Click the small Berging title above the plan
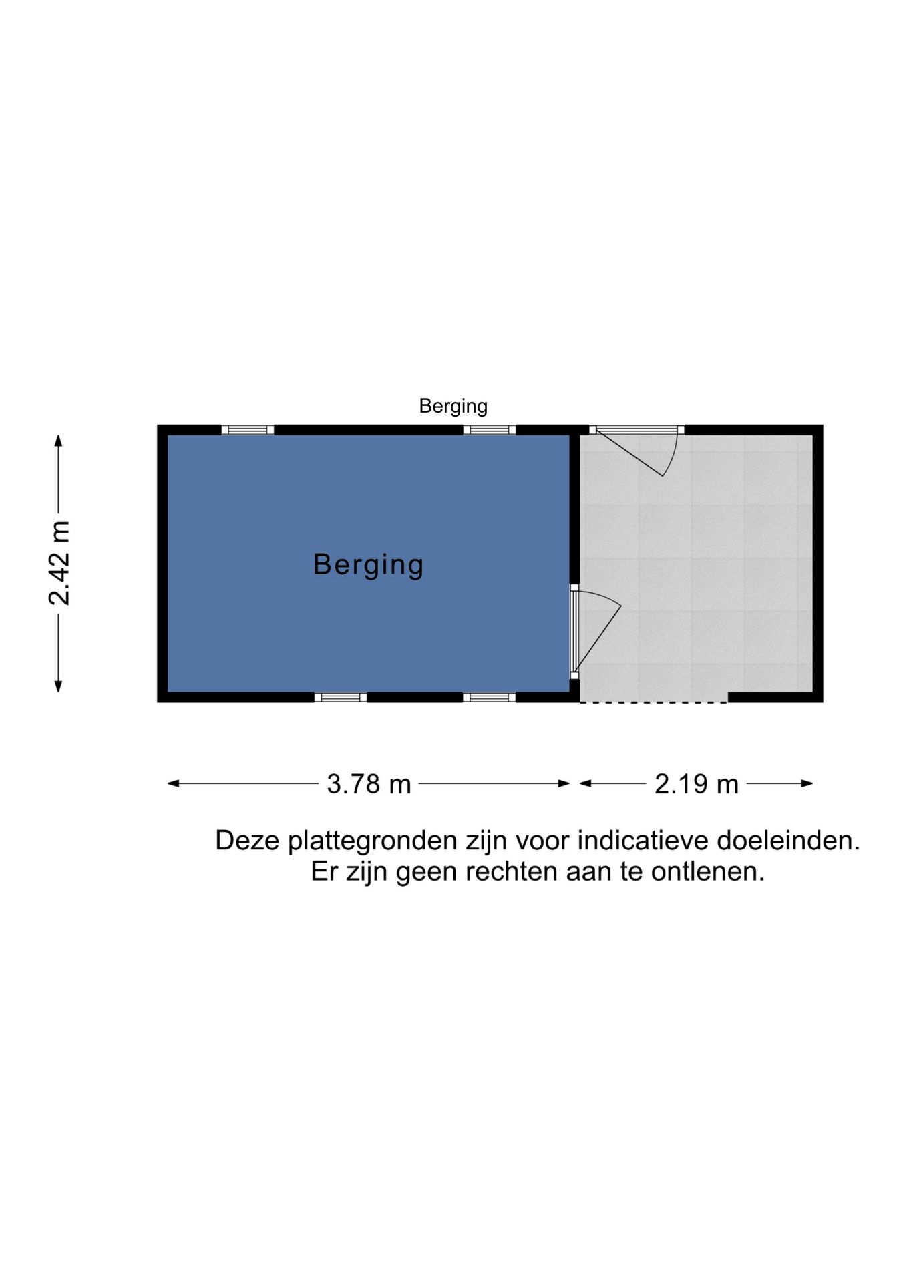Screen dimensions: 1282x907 (x=453, y=406)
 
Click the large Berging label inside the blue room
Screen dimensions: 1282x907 (x=369, y=565)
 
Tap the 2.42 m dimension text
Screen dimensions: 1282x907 (x=59, y=563)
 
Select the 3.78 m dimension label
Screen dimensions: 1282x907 (x=369, y=784)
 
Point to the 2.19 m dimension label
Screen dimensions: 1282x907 (x=697, y=784)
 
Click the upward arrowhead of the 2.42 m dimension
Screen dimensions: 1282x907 (x=58, y=441)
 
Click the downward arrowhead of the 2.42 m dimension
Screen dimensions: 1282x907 (x=58, y=686)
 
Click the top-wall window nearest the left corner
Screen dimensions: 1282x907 (x=247, y=430)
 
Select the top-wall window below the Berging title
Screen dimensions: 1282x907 (x=489, y=430)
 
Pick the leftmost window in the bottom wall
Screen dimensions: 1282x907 (x=340, y=697)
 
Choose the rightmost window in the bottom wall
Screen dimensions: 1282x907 (x=489, y=697)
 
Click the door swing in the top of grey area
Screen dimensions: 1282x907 (x=638, y=451)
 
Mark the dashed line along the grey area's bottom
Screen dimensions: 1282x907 (x=653, y=702)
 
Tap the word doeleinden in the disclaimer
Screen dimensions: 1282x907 (x=788, y=841)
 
